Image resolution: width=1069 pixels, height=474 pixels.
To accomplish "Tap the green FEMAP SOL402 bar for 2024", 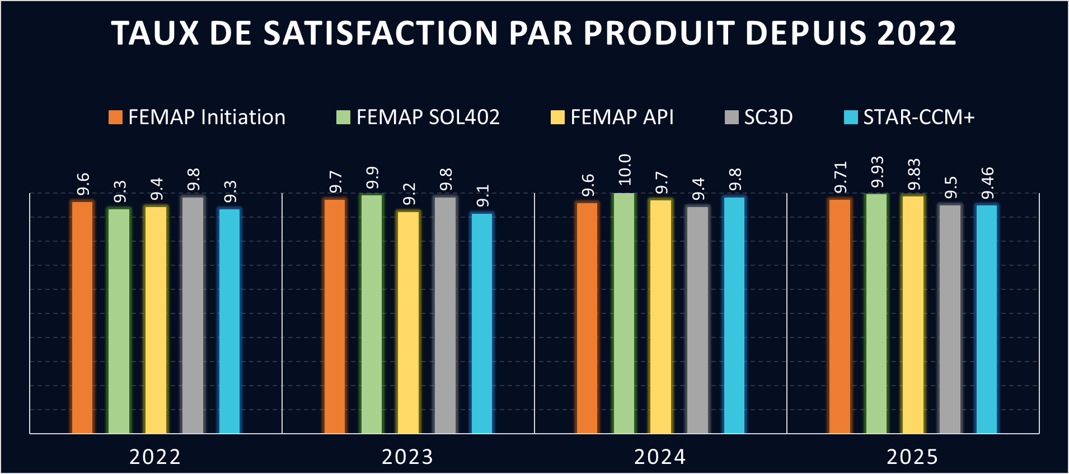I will pyautogui.click(x=624, y=313).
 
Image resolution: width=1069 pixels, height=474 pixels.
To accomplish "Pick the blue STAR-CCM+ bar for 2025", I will pyautogui.click(x=987, y=319).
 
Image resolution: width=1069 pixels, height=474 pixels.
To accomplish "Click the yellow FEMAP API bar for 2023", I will pyautogui.click(x=409, y=322).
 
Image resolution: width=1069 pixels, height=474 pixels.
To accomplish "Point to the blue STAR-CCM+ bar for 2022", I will pyautogui.click(x=229, y=321).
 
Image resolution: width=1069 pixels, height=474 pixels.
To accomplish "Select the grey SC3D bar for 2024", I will pyautogui.click(x=697, y=320).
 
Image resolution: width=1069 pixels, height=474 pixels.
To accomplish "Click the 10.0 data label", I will pyautogui.click(x=625, y=170).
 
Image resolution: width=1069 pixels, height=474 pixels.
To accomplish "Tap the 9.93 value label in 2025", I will pyautogui.click(x=877, y=172).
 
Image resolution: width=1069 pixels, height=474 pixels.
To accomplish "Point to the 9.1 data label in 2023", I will pyautogui.click(x=482, y=196).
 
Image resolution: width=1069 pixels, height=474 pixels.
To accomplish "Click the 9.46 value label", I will pyautogui.click(x=987, y=183).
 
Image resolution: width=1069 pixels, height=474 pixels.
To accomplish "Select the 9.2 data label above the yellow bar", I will pyautogui.click(x=409, y=194).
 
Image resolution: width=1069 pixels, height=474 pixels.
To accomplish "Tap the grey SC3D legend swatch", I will pyautogui.click(x=732, y=118).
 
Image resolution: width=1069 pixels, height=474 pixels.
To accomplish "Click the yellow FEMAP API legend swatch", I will pyautogui.click(x=557, y=118).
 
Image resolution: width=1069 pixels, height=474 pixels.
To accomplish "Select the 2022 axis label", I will pyautogui.click(x=155, y=457).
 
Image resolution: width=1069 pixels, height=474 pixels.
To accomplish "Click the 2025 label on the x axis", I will pyautogui.click(x=912, y=457).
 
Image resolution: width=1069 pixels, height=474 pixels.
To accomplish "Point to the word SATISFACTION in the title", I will pyautogui.click(x=380, y=33).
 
